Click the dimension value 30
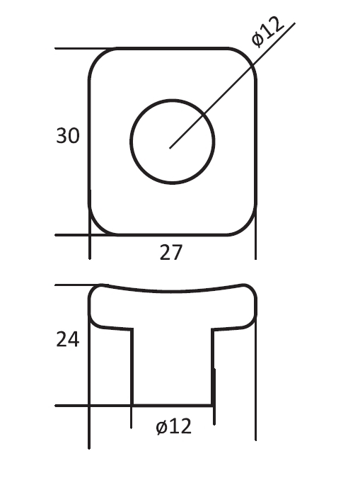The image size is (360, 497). click(68, 135)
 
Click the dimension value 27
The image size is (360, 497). click(171, 252)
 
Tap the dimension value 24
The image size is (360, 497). click(68, 340)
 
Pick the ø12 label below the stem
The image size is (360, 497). click(173, 426)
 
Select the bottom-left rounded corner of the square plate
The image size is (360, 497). click(98, 226)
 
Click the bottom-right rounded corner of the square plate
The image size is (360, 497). click(247, 226)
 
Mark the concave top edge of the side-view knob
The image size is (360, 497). click(172, 290)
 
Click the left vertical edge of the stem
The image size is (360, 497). click(132, 368)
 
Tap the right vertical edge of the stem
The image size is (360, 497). click(213, 368)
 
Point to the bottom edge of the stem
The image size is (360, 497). click(172, 406)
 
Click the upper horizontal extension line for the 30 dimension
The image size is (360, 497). click(78, 49)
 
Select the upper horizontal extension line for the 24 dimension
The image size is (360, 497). click(74, 285)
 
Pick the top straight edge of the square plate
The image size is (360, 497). click(172, 48)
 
